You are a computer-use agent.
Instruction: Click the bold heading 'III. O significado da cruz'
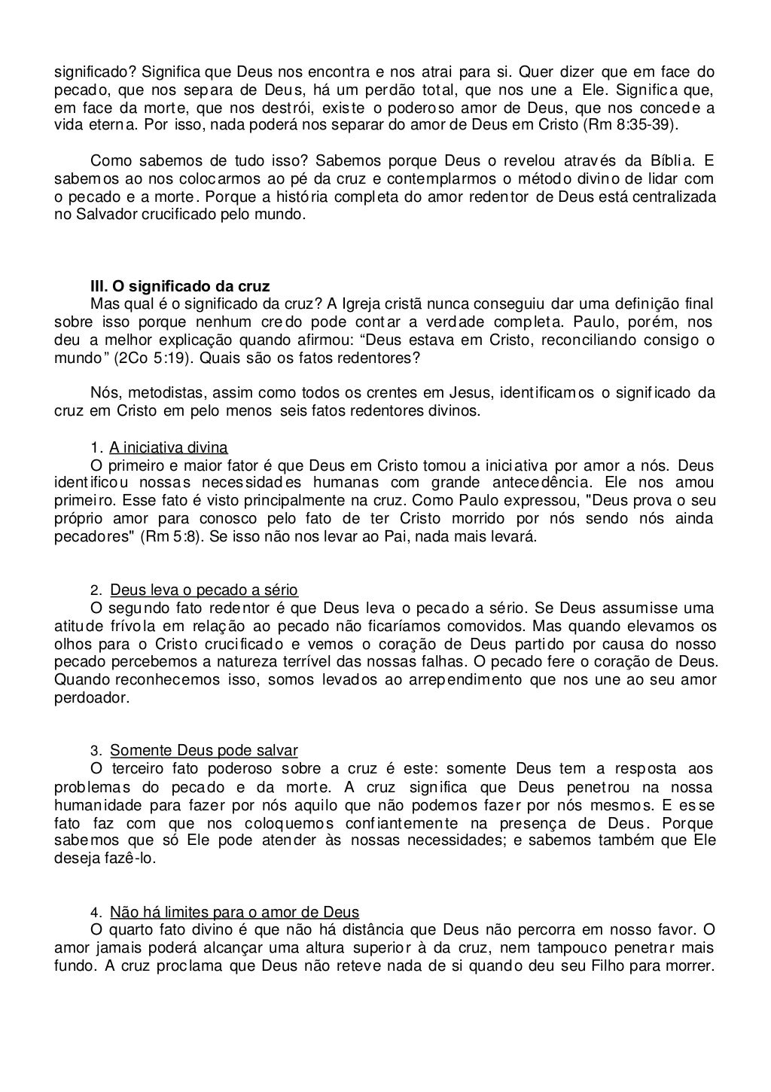coord(179,287)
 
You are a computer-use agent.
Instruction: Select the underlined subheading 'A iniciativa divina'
coord(169,447)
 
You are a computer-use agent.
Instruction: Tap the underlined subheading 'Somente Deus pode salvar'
coord(203,751)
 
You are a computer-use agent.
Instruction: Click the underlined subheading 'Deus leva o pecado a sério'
coord(203,590)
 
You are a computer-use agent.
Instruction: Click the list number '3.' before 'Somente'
coord(96,751)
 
